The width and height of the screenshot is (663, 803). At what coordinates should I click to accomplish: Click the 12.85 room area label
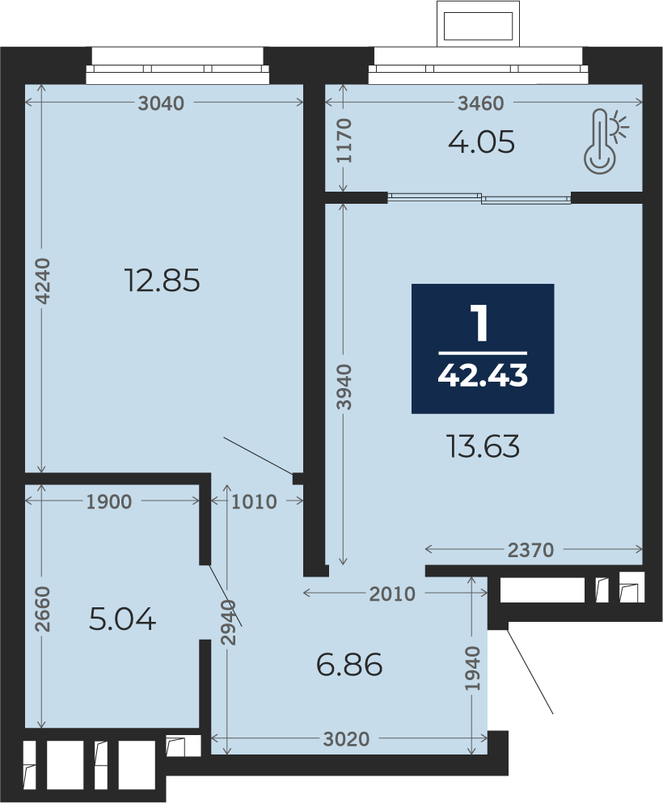click(x=163, y=281)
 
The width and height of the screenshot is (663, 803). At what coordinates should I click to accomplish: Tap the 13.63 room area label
click(x=484, y=446)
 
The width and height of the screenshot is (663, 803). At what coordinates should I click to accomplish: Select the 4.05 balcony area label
click(x=481, y=142)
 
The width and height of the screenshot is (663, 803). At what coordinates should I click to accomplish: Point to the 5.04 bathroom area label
click(x=122, y=619)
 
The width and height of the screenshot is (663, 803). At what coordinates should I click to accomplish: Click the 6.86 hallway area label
click(x=349, y=665)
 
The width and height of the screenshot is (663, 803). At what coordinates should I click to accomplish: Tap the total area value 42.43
click(x=483, y=376)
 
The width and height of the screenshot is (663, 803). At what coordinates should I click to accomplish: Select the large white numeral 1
click(x=481, y=323)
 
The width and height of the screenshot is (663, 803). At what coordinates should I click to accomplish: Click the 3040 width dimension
click(x=161, y=104)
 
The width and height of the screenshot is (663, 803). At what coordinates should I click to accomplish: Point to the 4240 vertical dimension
click(x=42, y=281)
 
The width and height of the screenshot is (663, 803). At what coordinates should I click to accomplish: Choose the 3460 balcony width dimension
click(x=481, y=104)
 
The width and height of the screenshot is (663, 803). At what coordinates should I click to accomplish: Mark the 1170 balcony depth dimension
click(x=344, y=141)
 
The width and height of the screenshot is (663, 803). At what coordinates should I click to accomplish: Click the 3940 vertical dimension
click(x=344, y=387)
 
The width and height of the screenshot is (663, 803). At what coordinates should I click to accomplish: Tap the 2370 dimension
click(x=531, y=550)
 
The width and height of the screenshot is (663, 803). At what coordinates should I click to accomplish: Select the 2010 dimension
click(x=392, y=594)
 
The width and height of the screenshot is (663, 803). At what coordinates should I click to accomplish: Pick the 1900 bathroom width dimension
click(x=109, y=502)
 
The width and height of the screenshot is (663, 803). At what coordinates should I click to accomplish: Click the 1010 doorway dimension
click(x=254, y=502)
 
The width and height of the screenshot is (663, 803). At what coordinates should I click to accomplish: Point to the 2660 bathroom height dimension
click(x=42, y=609)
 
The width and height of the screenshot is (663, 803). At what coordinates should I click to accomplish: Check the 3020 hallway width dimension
click(x=347, y=739)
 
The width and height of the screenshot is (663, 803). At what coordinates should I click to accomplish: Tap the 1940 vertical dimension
click(x=472, y=668)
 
